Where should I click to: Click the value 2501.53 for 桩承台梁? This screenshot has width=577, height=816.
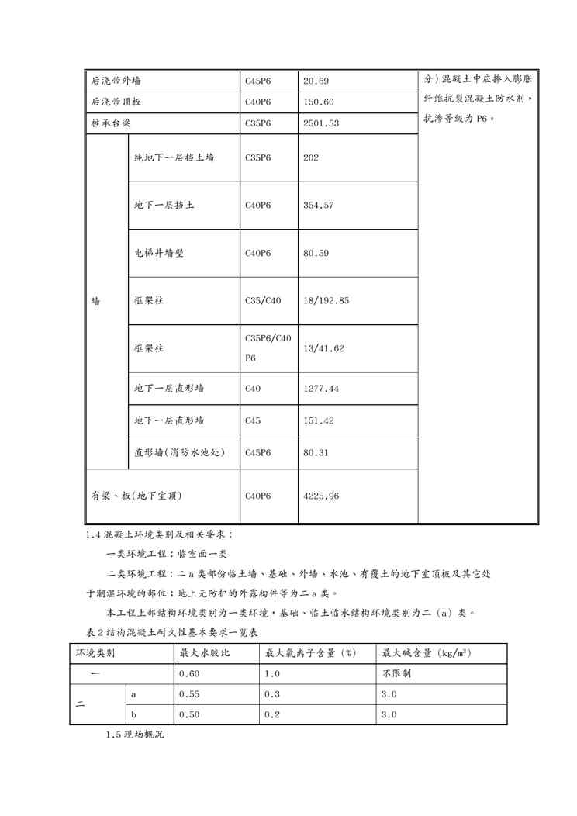coord(321,123)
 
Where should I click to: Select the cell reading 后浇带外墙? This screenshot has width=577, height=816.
coord(116,81)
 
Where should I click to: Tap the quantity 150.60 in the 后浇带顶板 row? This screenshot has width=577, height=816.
coord(319,102)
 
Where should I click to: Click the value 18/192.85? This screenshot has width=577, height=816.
coord(327,300)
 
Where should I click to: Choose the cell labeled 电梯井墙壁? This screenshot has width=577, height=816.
coord(159,253)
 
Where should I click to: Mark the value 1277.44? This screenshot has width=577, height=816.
coord(321,388)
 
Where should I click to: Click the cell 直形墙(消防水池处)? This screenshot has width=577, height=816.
coord(180,452)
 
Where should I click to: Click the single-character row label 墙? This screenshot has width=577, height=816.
coord(95,300)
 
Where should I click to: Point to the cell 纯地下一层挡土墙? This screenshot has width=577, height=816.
coord(174,157)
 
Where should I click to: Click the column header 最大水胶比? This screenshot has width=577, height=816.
coord(205,653)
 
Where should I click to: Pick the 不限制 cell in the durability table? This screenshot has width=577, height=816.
coord(396,673)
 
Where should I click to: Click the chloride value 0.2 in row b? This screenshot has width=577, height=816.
coord(271,714)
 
